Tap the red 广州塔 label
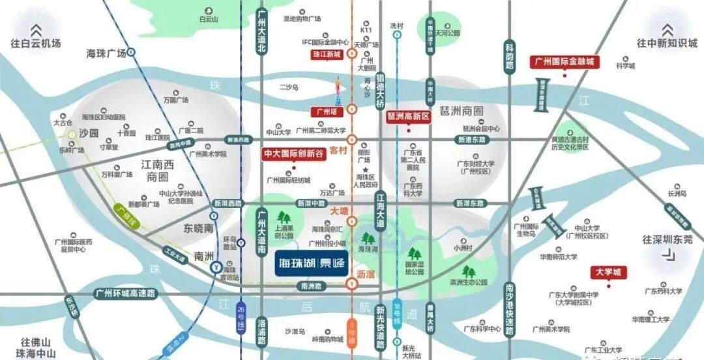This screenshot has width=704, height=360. coord(326,112)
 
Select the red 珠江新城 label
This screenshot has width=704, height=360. coord(327,55)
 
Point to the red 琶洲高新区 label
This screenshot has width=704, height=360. coord(409,116)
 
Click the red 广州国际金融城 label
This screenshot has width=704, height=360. coord(565,62)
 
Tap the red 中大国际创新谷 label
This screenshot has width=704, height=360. coord(293,154)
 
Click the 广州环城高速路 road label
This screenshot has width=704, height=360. coord(126,293)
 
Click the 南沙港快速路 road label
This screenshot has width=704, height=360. coord(510,312)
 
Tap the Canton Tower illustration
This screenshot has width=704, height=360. coord(338,92)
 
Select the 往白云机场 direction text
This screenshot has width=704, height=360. coord(36,44)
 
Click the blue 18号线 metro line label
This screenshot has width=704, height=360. coord(398,311)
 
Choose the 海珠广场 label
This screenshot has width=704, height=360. coord(106,53)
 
